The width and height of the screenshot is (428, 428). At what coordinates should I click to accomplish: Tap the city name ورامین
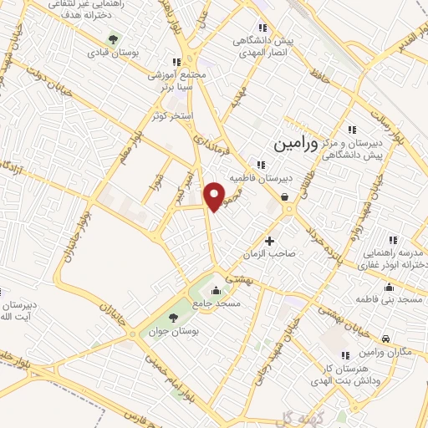coord(295,144)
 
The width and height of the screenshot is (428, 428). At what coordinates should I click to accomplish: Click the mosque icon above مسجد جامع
coord(217,291)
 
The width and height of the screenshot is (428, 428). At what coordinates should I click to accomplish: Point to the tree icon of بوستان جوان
coord(173,318)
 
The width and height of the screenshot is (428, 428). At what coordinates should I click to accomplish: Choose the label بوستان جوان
coord(173,331)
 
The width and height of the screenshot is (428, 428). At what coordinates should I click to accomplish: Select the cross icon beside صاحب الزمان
coord(269,242)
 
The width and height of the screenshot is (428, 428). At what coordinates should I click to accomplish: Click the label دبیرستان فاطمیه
coord(285,178)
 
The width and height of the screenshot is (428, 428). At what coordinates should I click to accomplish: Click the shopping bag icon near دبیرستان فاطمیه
coord(286,197)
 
